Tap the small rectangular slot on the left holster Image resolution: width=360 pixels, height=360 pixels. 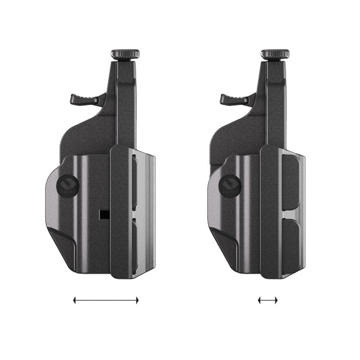pos(104,214)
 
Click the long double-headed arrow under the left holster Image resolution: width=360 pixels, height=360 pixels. pos(106,300)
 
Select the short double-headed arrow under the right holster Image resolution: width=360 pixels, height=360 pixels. pos(268,300)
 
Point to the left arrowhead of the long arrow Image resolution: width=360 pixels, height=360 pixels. pos(75,300)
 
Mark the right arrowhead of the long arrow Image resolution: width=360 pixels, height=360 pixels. pos(137,300)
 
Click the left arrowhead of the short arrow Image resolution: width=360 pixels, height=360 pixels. pos(260,300)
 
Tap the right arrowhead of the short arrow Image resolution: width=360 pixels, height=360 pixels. pos(277,300)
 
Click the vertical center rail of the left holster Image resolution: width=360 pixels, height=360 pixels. pos(119,210)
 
